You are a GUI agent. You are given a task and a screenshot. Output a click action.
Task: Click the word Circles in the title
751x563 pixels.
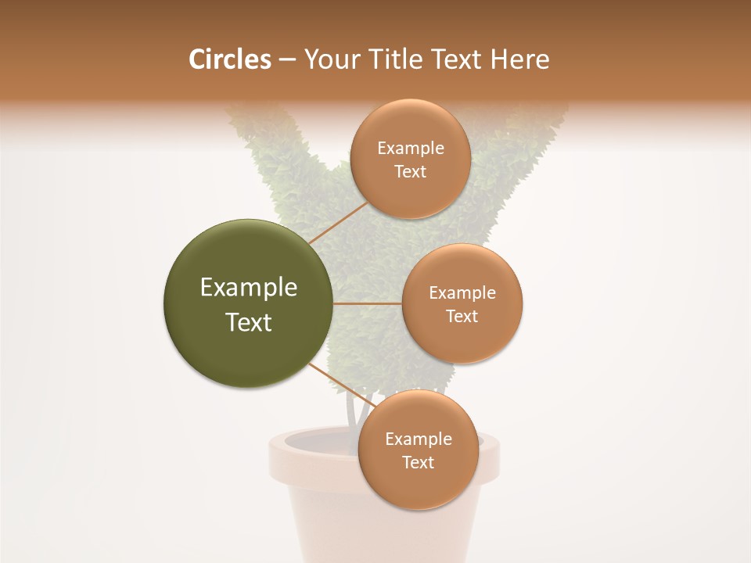(x=229, y=59)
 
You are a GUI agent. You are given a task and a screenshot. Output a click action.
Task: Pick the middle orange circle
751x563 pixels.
(x=462, y=340)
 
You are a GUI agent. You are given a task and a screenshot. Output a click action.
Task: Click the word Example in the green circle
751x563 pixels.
(x=249, y=288)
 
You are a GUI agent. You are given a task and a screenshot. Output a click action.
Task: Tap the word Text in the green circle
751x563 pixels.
(x=249, y=322)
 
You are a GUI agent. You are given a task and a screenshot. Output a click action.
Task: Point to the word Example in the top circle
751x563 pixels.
(x=411, y=149)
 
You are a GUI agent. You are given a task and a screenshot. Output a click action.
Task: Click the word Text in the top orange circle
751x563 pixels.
(x=411, y=172)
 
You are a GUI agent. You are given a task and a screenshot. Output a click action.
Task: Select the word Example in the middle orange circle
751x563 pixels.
(x=462, y=293)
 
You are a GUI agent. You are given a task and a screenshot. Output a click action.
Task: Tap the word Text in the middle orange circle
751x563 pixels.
(x=462, y=317)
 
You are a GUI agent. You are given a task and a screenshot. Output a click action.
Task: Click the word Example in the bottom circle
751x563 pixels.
(x=419, y=439)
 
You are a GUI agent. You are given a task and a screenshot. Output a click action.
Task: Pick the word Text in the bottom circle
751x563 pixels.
(x=419, y=463)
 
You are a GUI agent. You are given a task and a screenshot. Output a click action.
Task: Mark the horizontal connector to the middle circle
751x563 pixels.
(x=368, y=303)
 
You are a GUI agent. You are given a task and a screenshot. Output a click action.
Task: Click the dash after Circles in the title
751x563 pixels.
(x=286, y=60)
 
